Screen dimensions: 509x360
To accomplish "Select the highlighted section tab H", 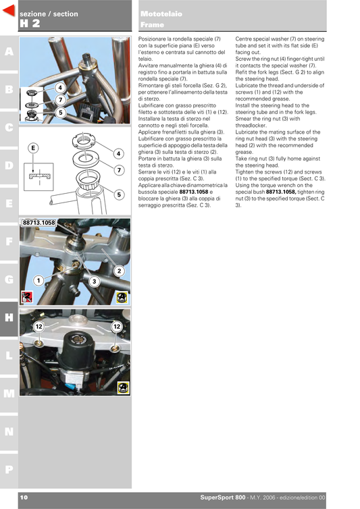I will click(x=8, y=317).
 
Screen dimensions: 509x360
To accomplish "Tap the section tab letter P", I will click(x=8, y=468).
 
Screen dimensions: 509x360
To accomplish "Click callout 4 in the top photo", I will click(x=60, y=88).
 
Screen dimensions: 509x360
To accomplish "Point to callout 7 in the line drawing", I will click(x=118, y=170).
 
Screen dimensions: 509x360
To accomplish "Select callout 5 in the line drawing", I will click(x=118, y=194).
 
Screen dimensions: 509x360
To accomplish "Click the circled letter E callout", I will click(x=32, y=147).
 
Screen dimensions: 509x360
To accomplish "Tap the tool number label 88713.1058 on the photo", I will click(x=38, y=223).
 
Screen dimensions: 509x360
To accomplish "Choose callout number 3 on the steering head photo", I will click(x=94, y=280).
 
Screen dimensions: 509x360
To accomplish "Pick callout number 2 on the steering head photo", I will click(x=118, y=271).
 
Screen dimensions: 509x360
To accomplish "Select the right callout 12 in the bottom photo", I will click(x=116, y=327).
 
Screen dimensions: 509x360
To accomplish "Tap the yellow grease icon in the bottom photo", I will click(x=123, y=387).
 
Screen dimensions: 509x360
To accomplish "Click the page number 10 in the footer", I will click(x=24, y=498).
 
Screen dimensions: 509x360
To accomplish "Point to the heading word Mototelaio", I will click(x=157, y=14).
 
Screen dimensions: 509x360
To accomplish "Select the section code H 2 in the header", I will click(x=30, y=23).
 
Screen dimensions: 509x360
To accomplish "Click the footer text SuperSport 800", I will click(x=227, y=498).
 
